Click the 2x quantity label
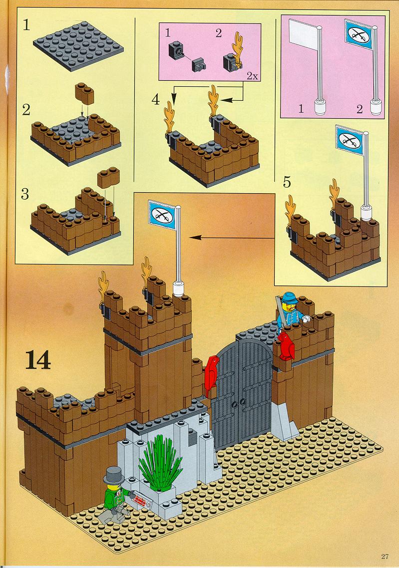click(x=252, y=76)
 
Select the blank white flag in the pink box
click(x=302, y=34)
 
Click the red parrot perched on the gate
click(x=211, y=375)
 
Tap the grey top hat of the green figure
click(x=113, y=475)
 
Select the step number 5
click(x=287, y=183)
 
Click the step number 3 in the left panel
click(x=24, y=195)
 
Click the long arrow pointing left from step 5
click(x=232, y=238)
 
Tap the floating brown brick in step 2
click(x=84, y=93)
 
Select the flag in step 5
click(x=350, y=139)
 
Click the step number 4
click(x=156, y=99)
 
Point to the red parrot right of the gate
click(x=286, y=345)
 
